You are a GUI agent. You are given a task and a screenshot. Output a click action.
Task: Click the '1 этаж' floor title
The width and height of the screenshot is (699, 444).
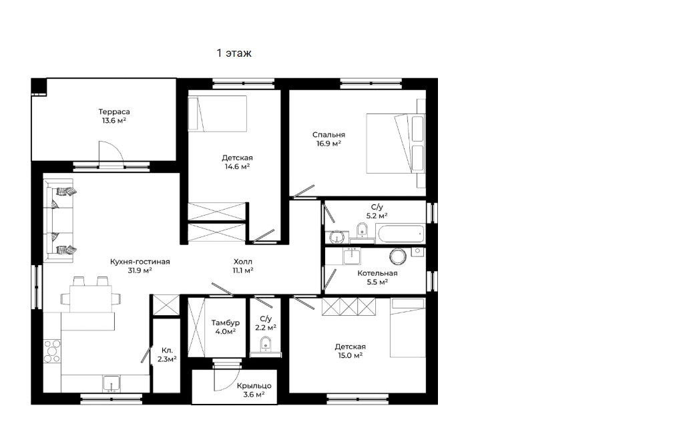234,53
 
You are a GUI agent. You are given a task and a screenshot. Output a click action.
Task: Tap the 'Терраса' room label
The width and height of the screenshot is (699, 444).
114,112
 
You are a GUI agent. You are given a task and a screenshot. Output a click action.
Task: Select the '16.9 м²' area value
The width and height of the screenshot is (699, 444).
328,144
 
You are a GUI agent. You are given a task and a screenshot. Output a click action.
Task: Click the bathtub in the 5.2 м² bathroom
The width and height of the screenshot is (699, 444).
401,233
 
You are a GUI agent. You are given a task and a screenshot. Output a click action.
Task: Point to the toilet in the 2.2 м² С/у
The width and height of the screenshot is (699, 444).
266,344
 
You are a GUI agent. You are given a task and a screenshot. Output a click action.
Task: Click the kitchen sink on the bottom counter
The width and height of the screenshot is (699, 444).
111,383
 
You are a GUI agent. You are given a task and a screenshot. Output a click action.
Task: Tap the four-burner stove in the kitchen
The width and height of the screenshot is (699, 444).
51,351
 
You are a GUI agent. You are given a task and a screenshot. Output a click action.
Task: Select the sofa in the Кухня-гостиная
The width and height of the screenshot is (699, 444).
58,220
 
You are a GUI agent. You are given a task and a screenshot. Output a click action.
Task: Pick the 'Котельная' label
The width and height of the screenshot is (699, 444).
377,273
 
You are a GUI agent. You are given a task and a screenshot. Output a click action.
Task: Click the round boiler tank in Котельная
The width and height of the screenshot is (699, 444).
398,256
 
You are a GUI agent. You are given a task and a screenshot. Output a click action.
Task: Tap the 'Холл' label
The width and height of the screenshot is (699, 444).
243,262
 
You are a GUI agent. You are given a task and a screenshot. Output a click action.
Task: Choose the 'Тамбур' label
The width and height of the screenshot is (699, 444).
225,322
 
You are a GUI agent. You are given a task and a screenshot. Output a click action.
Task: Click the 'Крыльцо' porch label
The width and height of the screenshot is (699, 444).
254,386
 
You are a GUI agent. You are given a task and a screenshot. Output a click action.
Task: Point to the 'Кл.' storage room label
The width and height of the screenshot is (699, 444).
167,351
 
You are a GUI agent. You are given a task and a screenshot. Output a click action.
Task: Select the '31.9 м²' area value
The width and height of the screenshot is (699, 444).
140,270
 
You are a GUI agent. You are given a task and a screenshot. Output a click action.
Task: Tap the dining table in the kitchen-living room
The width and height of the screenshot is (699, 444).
91,298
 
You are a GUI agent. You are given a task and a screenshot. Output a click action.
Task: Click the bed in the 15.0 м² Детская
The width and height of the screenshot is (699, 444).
408,328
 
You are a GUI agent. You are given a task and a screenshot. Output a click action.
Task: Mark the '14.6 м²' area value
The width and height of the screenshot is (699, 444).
237,167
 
